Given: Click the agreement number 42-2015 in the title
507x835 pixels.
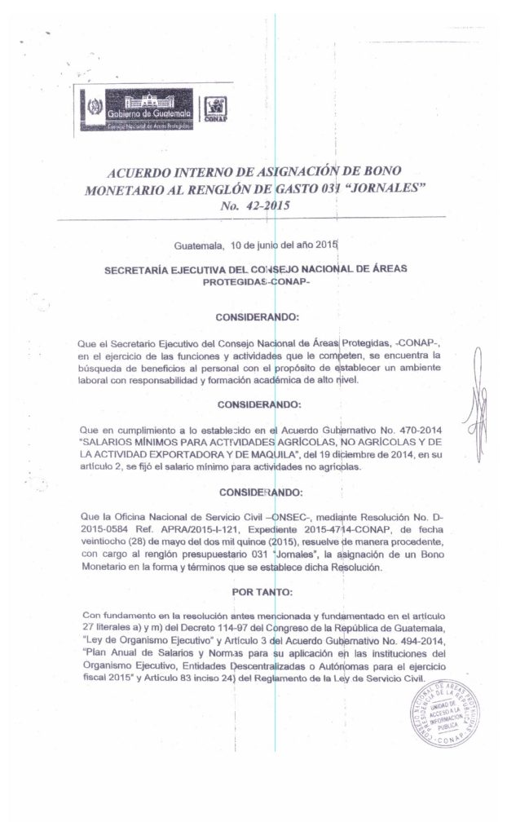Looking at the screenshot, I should [x=257, y=206].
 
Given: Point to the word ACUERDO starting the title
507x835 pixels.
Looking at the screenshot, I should [x=145, y=173].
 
